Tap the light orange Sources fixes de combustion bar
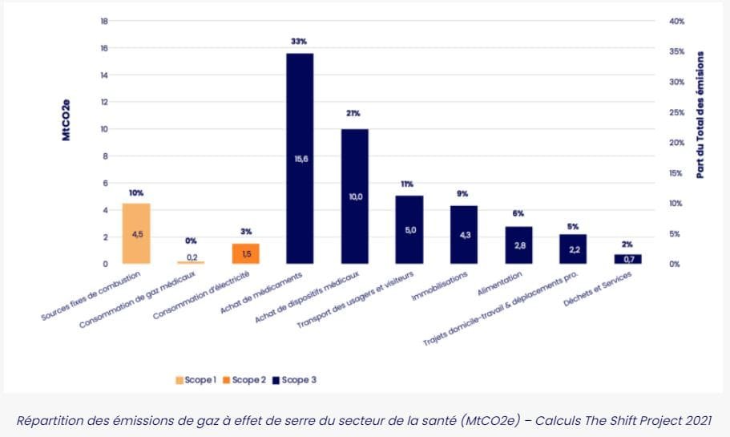click(136, 233)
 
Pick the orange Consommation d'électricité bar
click(245, 253)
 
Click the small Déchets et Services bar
click(627, 259)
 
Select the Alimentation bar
click(518, 245)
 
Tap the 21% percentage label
click(353, 113)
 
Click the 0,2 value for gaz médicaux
click(192, 257)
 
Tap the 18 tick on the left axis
click(103, 21)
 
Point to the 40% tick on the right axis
click(676, 21)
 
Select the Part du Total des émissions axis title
click(700, 115)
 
